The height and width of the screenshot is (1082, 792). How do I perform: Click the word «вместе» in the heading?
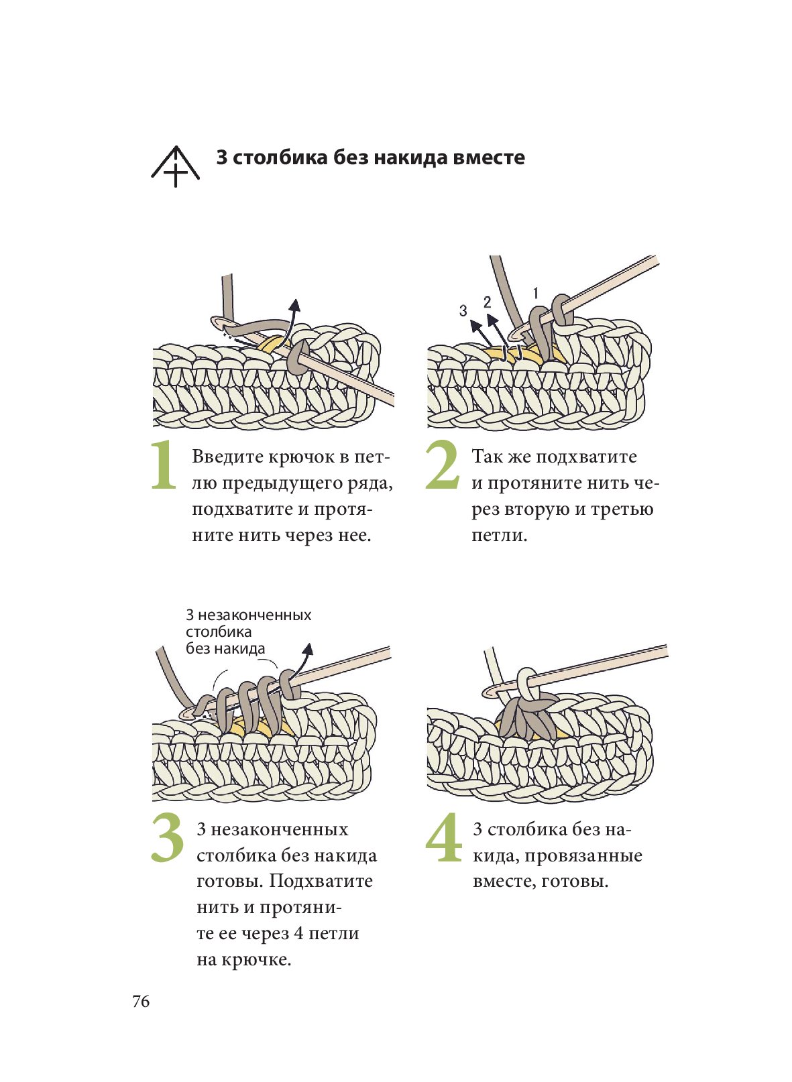(x=488, y=158)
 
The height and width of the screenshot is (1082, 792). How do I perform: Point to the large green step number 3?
(x=167, y=837)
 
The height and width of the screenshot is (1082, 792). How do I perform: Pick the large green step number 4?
(x=444, y=837)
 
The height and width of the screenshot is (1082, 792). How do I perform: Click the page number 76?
(x=141, y=1002)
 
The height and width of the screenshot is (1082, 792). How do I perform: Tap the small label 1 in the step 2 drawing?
(x=535, y=293)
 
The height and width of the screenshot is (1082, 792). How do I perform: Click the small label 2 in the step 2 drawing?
(x=487, y=302)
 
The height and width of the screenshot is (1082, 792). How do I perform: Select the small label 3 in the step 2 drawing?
(x=463, y=311)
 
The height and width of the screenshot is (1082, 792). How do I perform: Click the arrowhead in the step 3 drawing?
(x=307, y=648)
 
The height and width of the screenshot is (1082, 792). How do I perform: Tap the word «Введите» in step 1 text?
(x=227, y=457)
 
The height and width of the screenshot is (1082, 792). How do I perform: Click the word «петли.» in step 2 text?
(x=500, y=535)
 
